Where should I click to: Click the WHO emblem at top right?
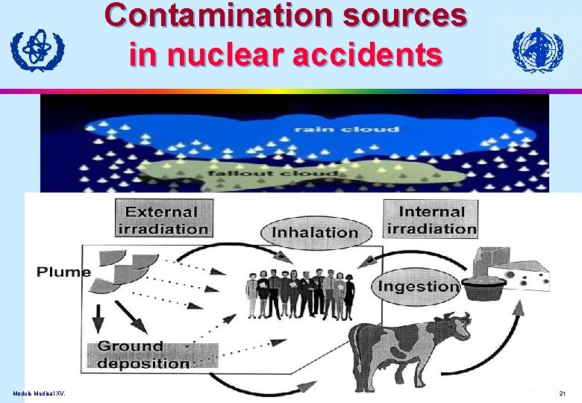click(537, 50)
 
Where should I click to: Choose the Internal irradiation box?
click(431, 219)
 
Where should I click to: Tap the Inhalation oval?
click(315, 232)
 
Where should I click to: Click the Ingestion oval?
click(419, 286)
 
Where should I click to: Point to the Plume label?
click(63, 271)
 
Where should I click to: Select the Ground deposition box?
click(143, 354)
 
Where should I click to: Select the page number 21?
click(562, 393)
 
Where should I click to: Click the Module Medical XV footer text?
click(38, 393)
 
